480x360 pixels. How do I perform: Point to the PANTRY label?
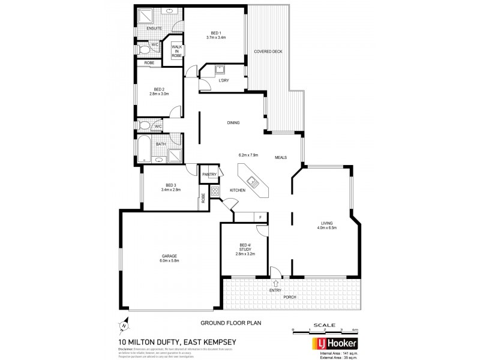[x=209, y=174]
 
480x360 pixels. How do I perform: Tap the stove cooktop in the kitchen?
[x=215, y=193]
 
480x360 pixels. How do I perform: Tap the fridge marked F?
[x=260, y=217]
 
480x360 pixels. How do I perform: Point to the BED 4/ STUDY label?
[x=245, y=249]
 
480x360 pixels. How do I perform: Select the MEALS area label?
[x=281, y=157]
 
